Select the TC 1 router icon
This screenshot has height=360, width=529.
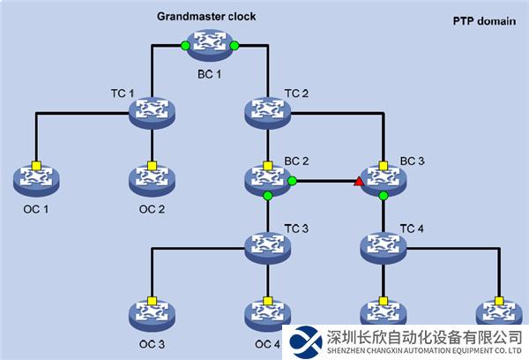(x=152, y=110)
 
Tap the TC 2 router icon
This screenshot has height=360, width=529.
(x=267, y=110)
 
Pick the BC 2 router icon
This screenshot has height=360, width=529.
(x=267, y=179)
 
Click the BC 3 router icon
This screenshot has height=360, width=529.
(x=384, y=179)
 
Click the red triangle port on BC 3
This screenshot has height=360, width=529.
(x=359, y=183)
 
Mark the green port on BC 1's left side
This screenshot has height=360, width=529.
(x=185, y=45)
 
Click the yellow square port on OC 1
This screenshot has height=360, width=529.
(x=36, y=165)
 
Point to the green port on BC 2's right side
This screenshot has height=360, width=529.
(x=292, y=183)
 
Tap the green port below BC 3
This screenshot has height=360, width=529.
(x=384, y=196)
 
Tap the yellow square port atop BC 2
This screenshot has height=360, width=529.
(x=267, y=165)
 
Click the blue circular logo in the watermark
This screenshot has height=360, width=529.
(x=309, y=341)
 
